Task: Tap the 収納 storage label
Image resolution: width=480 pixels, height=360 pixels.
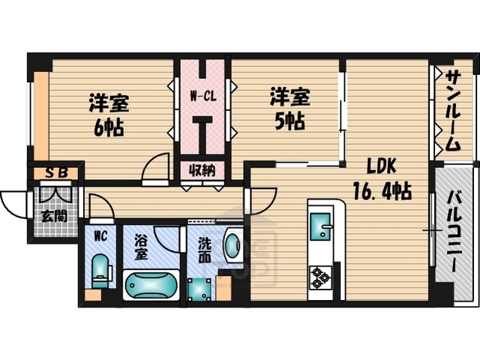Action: click(x=203, y=170)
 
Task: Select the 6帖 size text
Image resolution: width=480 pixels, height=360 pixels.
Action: click(x=109, y=125)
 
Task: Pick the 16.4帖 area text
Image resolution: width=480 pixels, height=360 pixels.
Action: click(x=382, y=191)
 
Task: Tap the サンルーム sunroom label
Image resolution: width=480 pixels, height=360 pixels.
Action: click(x=453, y=110)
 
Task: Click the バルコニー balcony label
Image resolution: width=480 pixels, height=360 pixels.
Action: click(x=455, y=232)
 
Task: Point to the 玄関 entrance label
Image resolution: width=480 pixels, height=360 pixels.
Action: click(x=52, y=217)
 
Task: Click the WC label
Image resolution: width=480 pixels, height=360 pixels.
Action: click(x=99, y=235)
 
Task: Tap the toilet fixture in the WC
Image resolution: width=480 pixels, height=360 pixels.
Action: click(x=99, y=271)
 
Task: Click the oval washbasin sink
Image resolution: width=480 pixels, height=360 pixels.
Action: click(x=233, y=246)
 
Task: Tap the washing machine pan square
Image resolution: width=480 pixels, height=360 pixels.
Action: click(x=199, y=289)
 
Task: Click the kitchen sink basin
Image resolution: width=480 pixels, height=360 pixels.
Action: click(x=323, y=226)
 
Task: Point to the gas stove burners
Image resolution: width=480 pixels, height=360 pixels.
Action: click(x=321, y=277)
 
